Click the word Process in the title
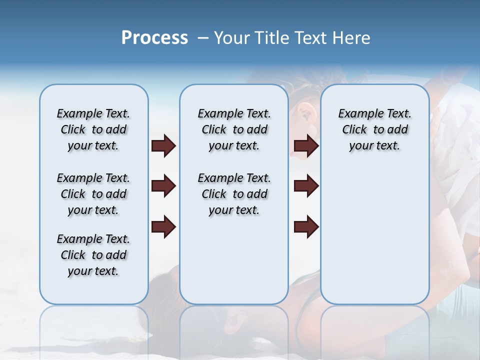154,38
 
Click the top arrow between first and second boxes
163,146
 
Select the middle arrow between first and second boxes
163,186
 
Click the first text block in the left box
93,129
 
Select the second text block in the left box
93,194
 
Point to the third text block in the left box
93,255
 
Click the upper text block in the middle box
234,129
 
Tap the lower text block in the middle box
234,194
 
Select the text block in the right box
375,129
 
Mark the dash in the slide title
203,38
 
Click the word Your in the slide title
232,38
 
